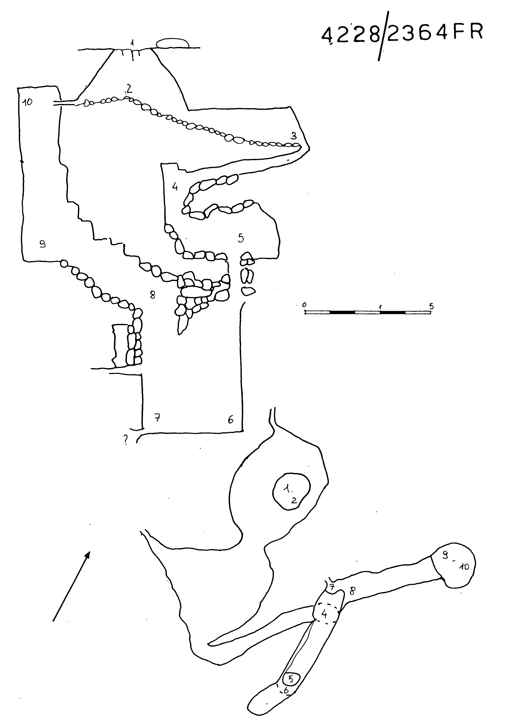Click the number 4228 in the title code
pos(351,35)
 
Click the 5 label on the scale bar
pos(431,306)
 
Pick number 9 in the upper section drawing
pos(42,244)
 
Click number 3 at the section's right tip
pos(293,136)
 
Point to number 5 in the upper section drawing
pos(241,238)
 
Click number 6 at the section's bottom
pos(230,420)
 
